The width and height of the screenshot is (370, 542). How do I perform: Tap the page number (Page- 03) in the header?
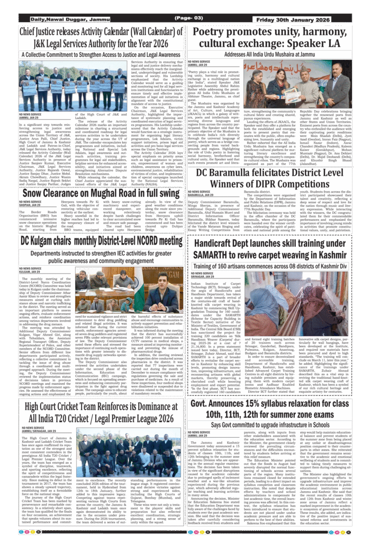pos(186,20)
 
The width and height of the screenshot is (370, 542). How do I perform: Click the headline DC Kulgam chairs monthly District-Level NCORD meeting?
pos(102,241)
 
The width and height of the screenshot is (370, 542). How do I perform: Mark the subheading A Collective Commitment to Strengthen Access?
pos(101,55)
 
